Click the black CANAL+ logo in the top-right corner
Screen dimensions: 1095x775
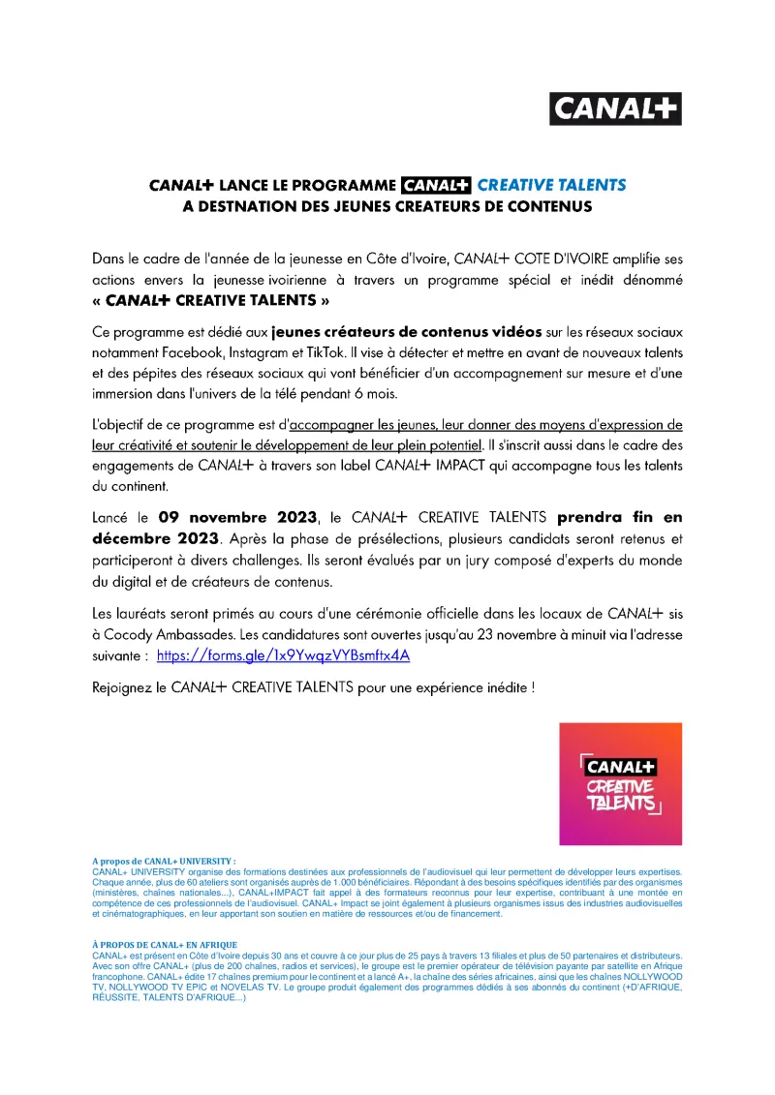coord(615,108)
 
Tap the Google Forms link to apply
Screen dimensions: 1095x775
coord(284,655)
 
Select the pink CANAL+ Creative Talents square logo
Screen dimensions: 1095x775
coord(620,783)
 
